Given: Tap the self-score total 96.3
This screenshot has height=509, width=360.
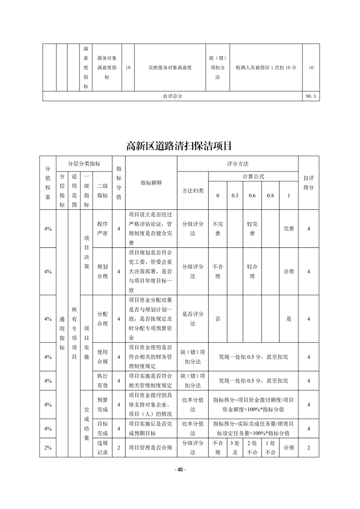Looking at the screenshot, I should click(311, 96).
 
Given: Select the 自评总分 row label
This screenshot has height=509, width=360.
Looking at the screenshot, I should click(172, 96).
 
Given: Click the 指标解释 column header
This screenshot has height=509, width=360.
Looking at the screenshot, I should click(151, 183).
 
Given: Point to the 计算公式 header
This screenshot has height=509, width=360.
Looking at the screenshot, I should click(253, 176).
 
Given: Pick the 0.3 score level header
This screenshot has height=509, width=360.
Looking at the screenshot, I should click(235, 196).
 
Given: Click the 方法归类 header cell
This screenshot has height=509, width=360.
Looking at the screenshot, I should click(192, 191).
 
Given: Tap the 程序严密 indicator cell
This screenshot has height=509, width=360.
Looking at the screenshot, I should click(102, 229).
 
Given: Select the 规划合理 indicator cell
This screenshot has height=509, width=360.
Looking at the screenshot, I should click(102, 271).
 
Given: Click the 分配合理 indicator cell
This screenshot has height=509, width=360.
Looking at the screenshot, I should click(102, 318).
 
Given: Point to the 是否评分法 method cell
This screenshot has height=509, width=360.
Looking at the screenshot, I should click(192, 318).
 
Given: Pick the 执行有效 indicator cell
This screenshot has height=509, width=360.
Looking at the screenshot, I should click(102, 381).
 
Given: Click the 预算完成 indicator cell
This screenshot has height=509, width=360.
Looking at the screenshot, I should click(102, 404).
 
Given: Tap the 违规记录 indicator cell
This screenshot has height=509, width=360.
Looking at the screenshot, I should click(102, 448).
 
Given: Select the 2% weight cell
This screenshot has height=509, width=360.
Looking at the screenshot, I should click(48, 448).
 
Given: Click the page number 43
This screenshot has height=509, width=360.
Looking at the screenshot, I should click(180, 470).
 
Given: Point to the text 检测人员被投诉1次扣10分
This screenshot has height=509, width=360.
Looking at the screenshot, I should click(266, 68).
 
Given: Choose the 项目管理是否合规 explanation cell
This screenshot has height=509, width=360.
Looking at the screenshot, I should click(150, 448).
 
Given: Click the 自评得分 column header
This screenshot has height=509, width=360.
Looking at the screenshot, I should click(308, 183).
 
